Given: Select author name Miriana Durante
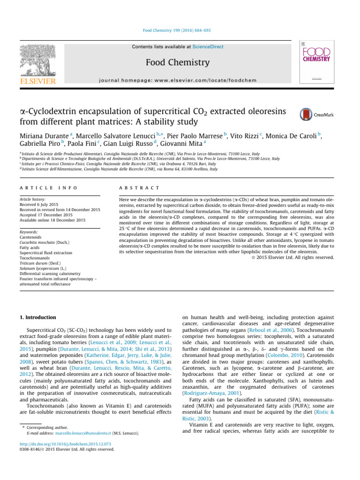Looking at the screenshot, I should point(44,136).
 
